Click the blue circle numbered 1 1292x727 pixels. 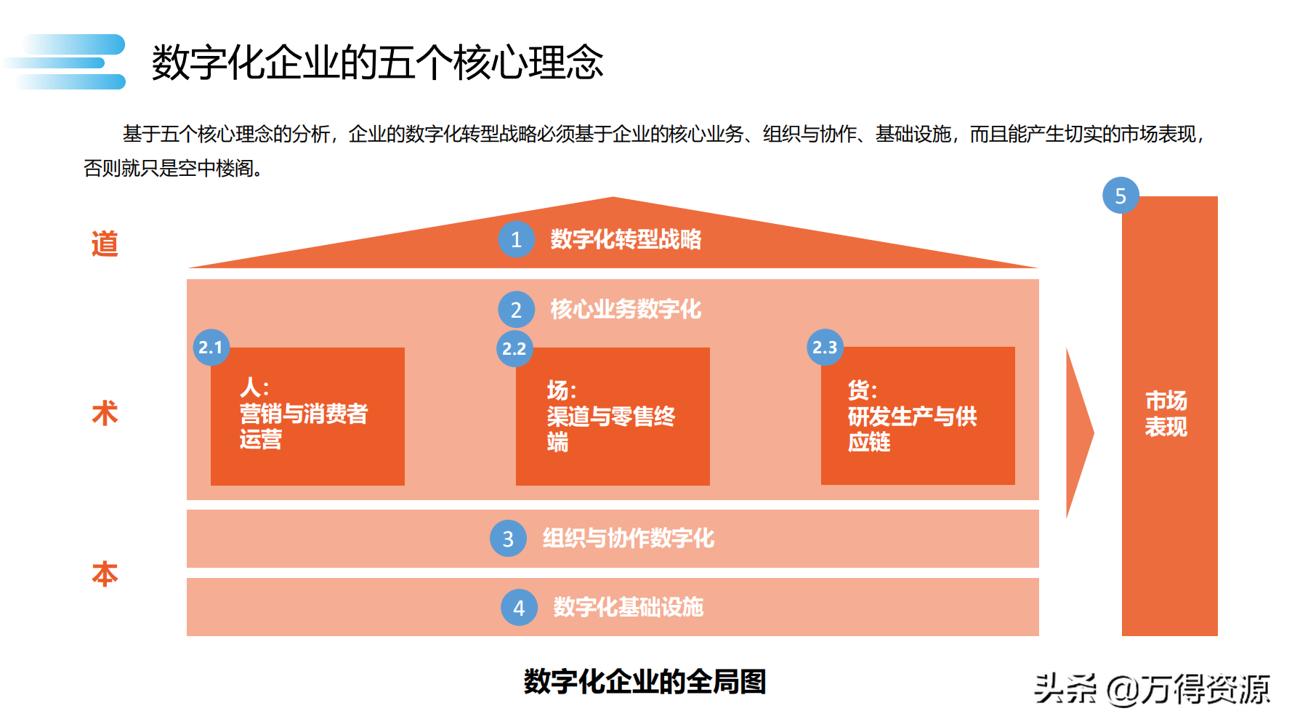tap(516, 239)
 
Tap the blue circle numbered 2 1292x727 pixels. tap(516, 310)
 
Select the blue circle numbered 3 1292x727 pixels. tap(508, 539)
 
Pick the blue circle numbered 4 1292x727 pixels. tap(519, 608)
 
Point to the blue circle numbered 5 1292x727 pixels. tap(1121, 196)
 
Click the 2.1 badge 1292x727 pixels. tap(211, 348)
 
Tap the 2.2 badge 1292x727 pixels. tap(514, 349)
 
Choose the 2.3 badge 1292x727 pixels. tap(825, 348)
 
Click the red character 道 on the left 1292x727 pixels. tap(105, 244)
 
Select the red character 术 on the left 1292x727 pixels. tap(105, 413)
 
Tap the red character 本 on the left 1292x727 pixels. tap(105, 574)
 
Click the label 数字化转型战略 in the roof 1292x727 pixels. tap(626, 239)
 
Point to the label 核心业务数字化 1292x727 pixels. tap(626, 309)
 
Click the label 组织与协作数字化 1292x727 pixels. tap(629, 539)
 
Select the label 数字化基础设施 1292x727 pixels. tap(629, 607)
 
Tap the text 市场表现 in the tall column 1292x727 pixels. tap(1166, 414)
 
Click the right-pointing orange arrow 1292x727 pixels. tap(1079, 433)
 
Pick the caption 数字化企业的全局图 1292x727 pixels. tap(645, 682)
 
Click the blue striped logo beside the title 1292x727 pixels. tap(69, 62)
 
